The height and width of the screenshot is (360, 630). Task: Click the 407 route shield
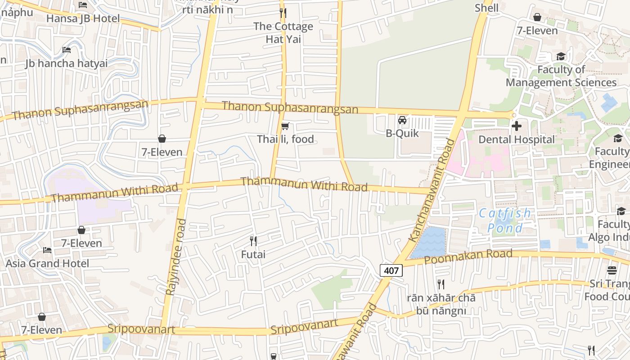391,270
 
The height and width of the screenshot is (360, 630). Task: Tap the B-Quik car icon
402,120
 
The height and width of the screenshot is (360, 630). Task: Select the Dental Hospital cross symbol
517,126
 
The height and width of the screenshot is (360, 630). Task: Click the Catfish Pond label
505,220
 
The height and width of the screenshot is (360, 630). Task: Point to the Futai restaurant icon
253,241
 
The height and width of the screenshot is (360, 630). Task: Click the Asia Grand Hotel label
47,263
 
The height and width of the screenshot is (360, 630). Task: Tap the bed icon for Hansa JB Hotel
83,5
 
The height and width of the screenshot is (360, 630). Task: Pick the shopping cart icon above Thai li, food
284,126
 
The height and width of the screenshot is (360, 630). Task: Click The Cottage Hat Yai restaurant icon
283,13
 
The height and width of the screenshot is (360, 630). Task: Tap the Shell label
486,8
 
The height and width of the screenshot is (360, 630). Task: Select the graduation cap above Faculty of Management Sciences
561,57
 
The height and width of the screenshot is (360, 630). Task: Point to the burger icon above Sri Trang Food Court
612,270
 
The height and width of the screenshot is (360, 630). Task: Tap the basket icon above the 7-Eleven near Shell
537,17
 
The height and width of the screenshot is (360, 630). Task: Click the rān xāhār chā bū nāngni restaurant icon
441,284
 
